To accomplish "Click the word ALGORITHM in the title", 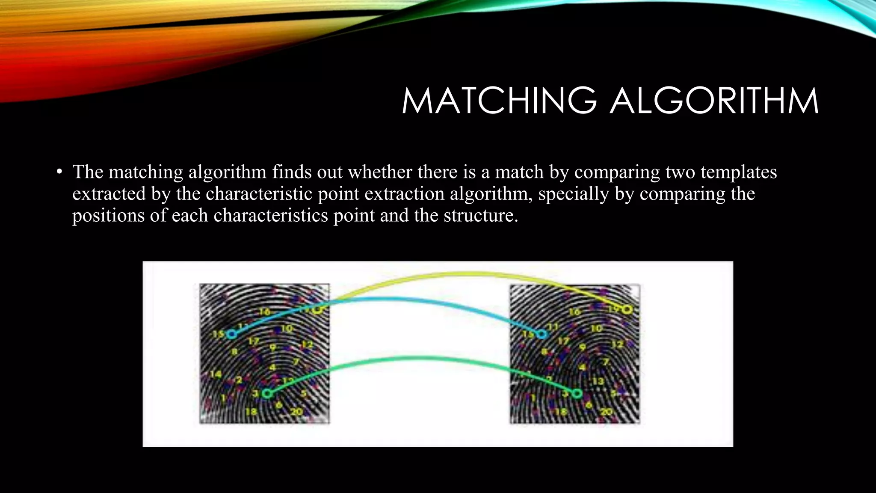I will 714,101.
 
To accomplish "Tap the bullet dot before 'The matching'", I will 59,172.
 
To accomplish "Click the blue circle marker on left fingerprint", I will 231,334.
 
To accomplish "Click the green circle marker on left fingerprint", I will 267,393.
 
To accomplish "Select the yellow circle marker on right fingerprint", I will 627,309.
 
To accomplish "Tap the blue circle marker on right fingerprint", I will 542,334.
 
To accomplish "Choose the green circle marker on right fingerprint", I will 577,393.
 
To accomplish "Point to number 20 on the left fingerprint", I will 296,412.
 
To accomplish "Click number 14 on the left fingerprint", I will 216,374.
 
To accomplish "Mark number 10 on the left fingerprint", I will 287,328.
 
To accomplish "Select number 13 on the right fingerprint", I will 598,380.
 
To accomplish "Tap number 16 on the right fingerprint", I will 574,312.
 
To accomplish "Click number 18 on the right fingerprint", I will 560,412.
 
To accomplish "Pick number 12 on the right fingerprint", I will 617,344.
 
